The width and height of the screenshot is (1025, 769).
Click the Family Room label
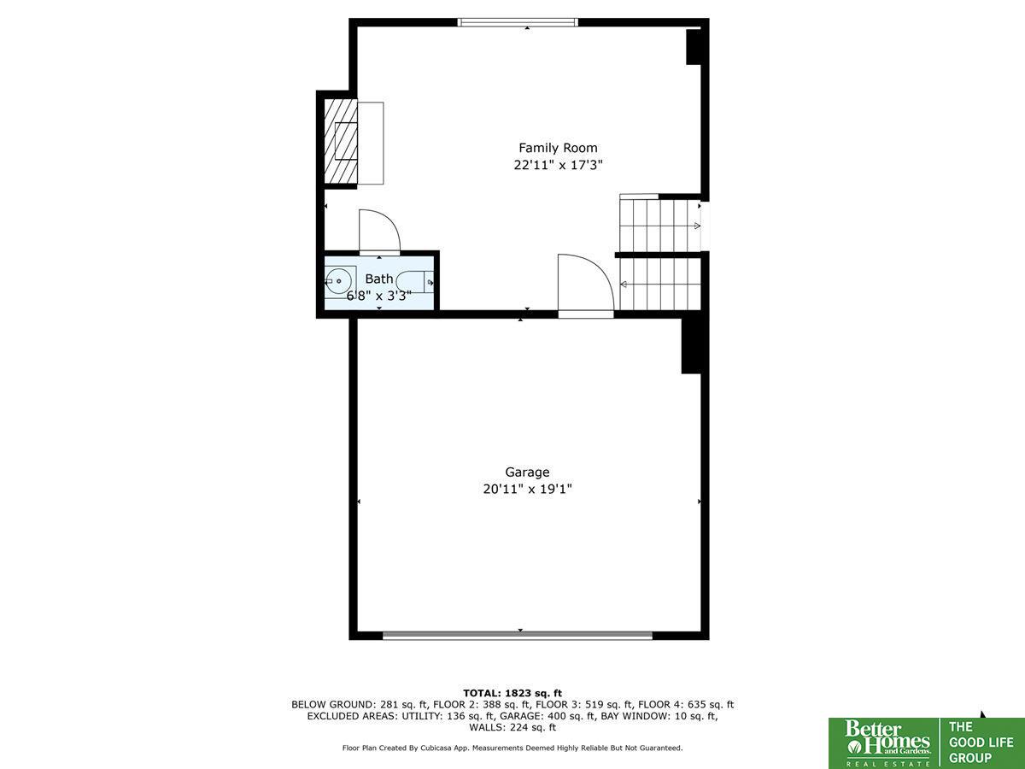[558, 148]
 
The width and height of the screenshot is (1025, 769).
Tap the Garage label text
[527, 473]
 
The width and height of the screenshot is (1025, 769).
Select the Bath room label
[378, 279]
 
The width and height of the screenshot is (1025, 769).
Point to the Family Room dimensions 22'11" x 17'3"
[558, 165]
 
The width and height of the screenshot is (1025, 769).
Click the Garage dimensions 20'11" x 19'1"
[527, 490]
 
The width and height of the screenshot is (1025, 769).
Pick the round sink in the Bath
[338, 281]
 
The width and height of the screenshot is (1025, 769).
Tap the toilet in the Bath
[414, 282]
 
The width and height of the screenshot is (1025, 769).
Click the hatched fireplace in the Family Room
[341, 141]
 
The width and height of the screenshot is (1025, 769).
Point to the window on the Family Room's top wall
[518, 22]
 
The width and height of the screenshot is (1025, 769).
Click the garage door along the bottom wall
[518, 636]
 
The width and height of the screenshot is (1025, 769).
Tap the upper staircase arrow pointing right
[697, 226]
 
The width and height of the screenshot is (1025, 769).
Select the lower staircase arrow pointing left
[624, 284]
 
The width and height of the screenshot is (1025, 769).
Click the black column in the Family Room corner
[694, 47]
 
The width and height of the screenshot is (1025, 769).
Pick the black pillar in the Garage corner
[692, 345]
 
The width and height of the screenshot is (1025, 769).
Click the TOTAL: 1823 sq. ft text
[512, 693]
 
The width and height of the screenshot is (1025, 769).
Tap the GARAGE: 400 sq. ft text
[548, 716]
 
